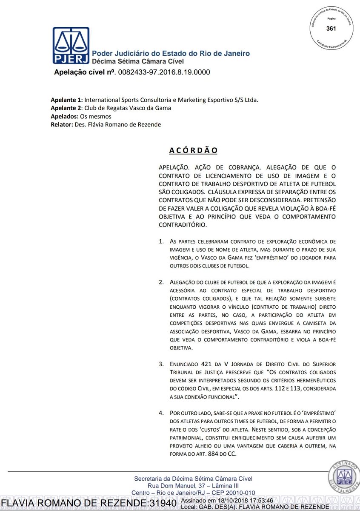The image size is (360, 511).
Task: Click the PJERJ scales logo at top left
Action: point(71,45)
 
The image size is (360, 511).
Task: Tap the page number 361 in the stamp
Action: point(331,29)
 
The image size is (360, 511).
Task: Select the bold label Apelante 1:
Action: point(66,100)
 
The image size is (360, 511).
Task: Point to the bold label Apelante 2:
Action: point(66,108)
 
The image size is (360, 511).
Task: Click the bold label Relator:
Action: point(63,124)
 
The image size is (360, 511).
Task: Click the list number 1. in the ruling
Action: point(161,241)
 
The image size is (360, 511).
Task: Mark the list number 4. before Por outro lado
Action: point(161,413)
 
